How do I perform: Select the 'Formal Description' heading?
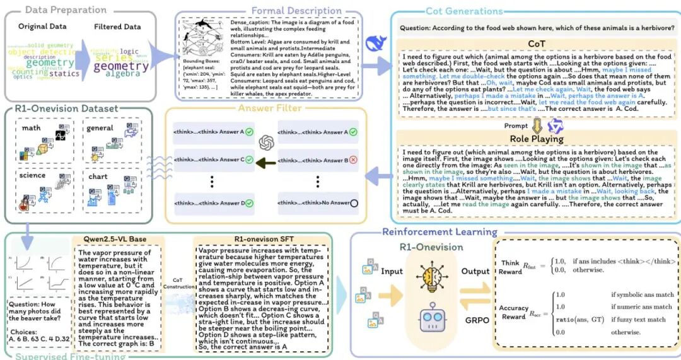(x=296, y=11)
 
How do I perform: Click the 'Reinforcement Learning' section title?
(x=439, y=233)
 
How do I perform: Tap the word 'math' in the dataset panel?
(x=32, y=129)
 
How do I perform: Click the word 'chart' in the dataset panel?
(x=98, y=177)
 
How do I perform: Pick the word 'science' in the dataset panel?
(x=33, y=175)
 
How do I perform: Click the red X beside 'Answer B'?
(x=352, y=160)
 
